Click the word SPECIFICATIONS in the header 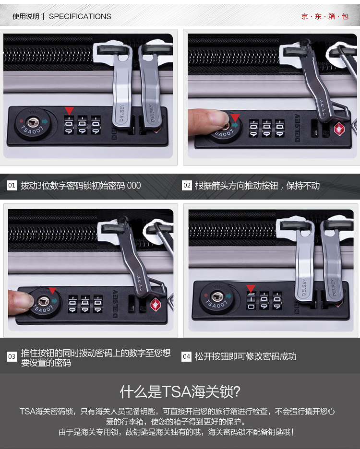click(80, 16)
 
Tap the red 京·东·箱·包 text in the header click(325, 16)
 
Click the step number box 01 click(12, 185)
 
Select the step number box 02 click(187, 185)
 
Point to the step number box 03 click(12, 356)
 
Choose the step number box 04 click(186, 356)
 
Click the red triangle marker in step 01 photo click(69, 110)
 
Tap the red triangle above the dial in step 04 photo click(251, 288)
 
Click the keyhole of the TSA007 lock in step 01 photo click(33, 122)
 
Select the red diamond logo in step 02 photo click(339, 129)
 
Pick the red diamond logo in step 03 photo click(156, 304)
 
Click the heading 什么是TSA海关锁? click(180, 392)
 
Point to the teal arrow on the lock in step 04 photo click(228, 296)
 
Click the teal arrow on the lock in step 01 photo click(45, 121)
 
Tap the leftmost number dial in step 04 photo click(251, 301)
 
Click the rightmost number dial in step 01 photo click(96, 125)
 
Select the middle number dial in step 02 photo click(266, 128)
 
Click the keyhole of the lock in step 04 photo click(217, 296)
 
